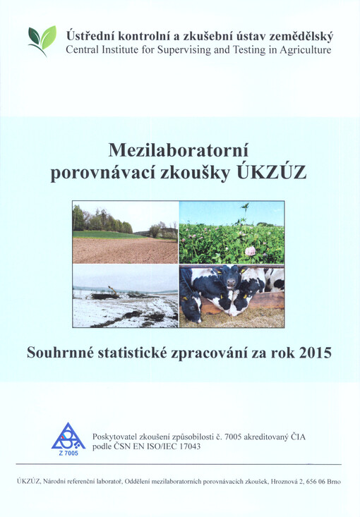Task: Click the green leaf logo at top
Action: click(42, 40)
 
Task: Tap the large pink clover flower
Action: click(251, 250)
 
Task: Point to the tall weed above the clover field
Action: click(246, 209)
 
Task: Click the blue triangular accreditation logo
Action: click(68, 437)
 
